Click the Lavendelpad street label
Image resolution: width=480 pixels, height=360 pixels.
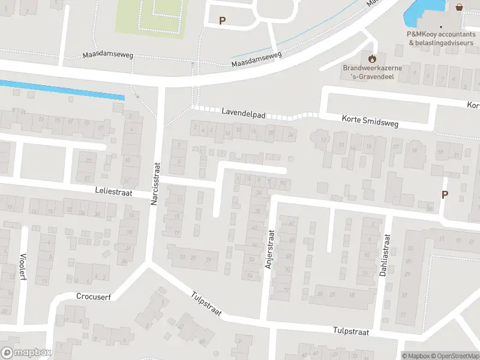pyautogui.click(x=244, y=112)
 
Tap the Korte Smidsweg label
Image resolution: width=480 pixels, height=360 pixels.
pyautogui.click(x=370, y=121)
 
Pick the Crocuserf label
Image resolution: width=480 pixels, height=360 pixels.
pyautogui.click(x=94, y=296)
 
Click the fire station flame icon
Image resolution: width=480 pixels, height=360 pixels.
pyautogui.click(x=372, y=58)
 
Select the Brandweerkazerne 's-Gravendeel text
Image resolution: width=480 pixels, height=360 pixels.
pyautogui.click(x=372, y=72)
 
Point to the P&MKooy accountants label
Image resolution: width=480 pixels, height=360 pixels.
pyautogui.click(x=440, y=39)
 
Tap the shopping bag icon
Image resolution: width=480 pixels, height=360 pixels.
pyautogui.click(x=459, y=7)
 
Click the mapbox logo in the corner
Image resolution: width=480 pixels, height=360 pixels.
pyautogui.click(x=26, y=353)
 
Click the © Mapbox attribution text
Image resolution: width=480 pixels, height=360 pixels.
pyautogui.click(x=415, y=356)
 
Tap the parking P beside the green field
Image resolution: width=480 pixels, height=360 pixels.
pyautogui.click(x=222, y=20)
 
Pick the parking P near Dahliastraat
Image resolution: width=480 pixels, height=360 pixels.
pyautogui.click(x=445, y=194)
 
